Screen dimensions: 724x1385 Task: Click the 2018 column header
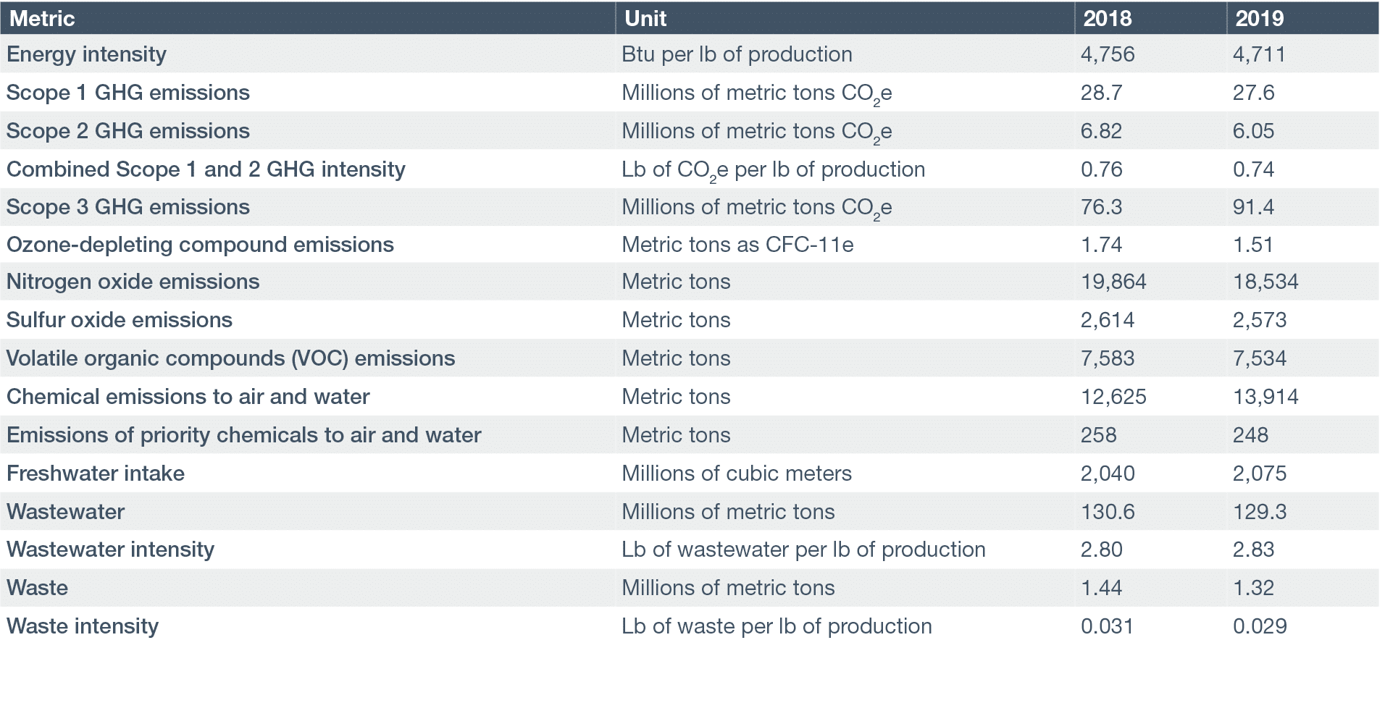(1107, 18)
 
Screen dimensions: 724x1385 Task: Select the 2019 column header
(1259, 18)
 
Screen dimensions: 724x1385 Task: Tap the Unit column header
(645, 18)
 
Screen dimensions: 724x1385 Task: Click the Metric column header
(42, 18)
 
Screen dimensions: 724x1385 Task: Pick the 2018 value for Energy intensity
(1108, 54)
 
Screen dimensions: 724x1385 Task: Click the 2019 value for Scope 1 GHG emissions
(1253, 93)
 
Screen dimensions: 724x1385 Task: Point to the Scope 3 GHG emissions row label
(128, 207)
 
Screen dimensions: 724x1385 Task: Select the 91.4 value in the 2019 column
(1253, 207)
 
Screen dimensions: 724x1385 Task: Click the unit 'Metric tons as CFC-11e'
(737, 245)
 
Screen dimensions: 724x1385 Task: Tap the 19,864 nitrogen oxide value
(1113, 282)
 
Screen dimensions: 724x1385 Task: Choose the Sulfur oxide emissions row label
(120, 320)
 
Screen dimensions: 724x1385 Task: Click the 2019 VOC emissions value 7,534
(1260, 358)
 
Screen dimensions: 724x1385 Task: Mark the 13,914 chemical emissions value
(1265, 397)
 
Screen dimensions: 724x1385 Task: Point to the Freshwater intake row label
(96, 473)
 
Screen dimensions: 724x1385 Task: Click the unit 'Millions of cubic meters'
(737, 473)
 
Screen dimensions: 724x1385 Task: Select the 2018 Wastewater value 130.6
(1108, 512)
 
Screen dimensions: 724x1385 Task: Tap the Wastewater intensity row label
(110, 550)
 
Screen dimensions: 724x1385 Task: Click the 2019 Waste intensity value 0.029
(1260, 626)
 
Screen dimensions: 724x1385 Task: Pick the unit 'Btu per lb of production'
(737, 54)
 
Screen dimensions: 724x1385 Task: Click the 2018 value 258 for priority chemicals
(1098, 435)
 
